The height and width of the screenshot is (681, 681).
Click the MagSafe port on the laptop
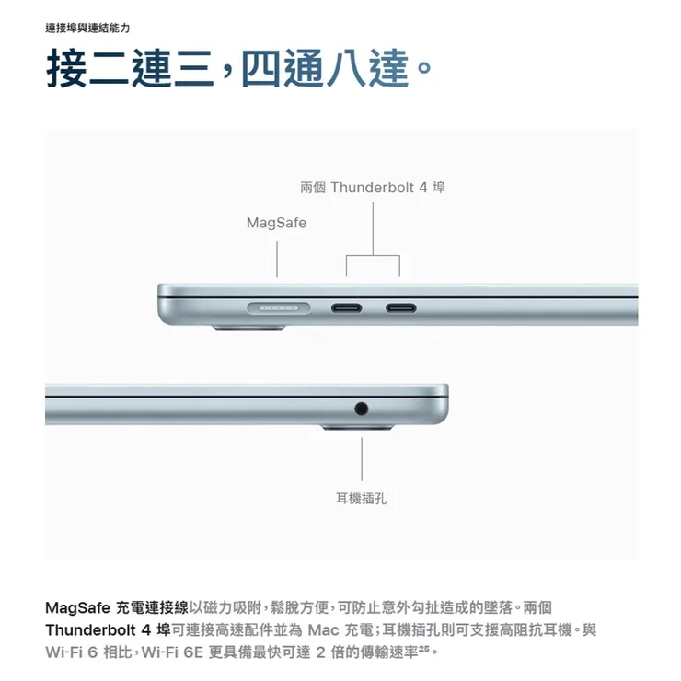(x=279, y=308)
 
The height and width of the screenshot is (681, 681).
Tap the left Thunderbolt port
(x=346, y=308)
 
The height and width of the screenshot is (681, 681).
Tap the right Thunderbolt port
(x=400, y=308)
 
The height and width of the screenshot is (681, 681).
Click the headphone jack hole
(x=361, y=409)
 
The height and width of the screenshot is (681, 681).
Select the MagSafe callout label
(x=276, y=223)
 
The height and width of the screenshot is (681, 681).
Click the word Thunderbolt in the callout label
(x=372, y=188)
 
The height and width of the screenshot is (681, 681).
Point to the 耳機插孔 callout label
(x=361, y=498)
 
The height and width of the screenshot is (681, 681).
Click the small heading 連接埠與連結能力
(x=87, y=29)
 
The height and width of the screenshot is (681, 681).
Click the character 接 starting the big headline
(x=66, y=68)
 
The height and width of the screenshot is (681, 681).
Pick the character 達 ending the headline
(x=388, y=68)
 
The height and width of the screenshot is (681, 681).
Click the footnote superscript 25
(x=424, y=648)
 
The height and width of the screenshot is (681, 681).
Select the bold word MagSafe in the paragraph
(x=77, y=607)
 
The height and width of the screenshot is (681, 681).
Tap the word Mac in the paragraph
(x=323, y=629)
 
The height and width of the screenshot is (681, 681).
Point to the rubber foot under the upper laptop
(x=248, y=328)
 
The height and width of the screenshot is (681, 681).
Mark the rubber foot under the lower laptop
(x=357, y=428)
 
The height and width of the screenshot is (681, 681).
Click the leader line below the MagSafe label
(x=277, y=260)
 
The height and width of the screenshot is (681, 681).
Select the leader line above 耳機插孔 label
(x=362, y=459)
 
